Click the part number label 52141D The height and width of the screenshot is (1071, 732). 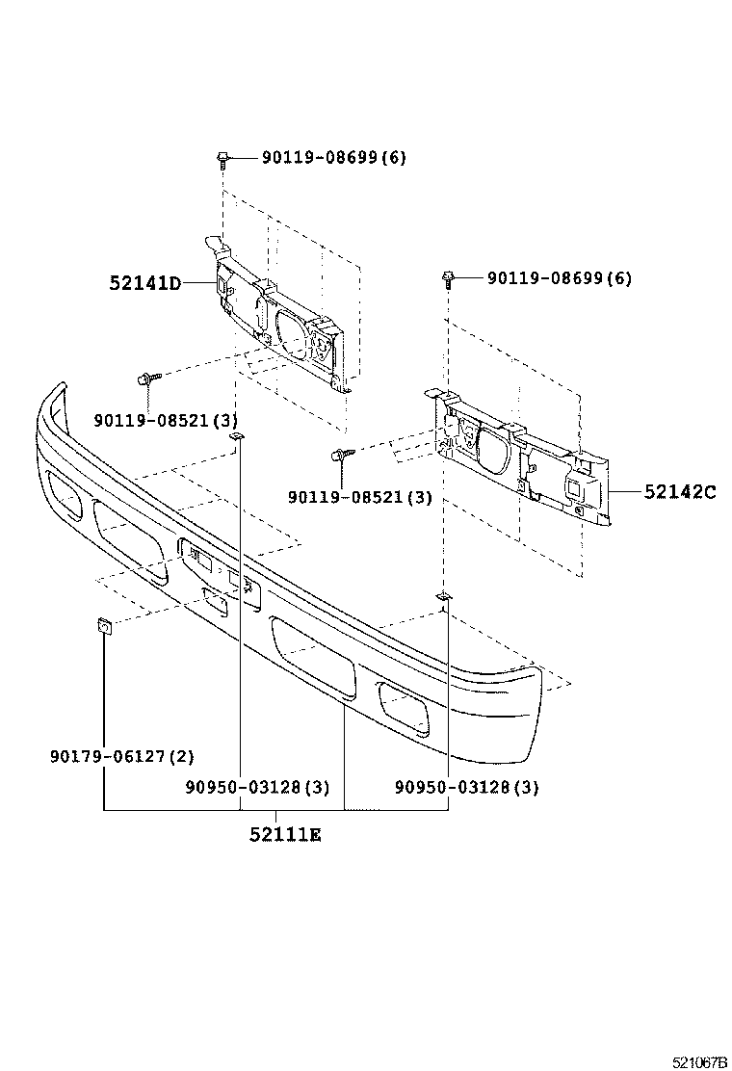pyautogui.click(x=144, y=283)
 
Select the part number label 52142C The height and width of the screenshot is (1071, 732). pyautogui.click(x=679, y=491)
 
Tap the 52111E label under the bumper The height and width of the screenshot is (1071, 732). pyautogui.click(x=284, y=835)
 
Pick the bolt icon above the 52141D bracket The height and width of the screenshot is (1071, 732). pyautogui.click(x=222, y=159)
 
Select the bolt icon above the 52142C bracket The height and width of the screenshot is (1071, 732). pyautogui.click(x=448, y=279)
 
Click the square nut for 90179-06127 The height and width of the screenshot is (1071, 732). pyautogui.click(x=103, y=629)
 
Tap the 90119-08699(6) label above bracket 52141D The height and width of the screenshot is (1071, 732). pyautogui.click(x=333, y=158)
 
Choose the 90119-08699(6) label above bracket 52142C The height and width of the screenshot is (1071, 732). pyautogui.click(x=559, y=278)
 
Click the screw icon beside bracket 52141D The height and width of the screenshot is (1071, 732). pyautogui.click(x=148, y=379)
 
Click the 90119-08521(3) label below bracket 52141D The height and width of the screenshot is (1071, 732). pyautogui.click(x=165, y=421)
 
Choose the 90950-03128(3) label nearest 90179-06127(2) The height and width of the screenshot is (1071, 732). pyautogui.click(x=256, y=787)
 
